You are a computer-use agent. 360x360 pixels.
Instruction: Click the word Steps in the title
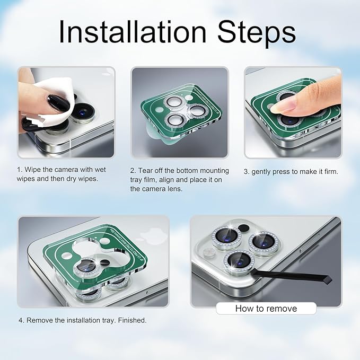point(257,33)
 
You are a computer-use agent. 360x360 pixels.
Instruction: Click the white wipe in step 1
point(54,101)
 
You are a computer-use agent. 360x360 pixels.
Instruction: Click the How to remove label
point(266,309)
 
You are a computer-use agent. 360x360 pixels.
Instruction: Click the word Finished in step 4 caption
point(132,320)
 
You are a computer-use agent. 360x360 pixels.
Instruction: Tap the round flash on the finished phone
point(209,252)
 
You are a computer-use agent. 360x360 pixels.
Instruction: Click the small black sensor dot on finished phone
point(243,228)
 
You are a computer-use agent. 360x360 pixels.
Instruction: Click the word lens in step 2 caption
point(174,189)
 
